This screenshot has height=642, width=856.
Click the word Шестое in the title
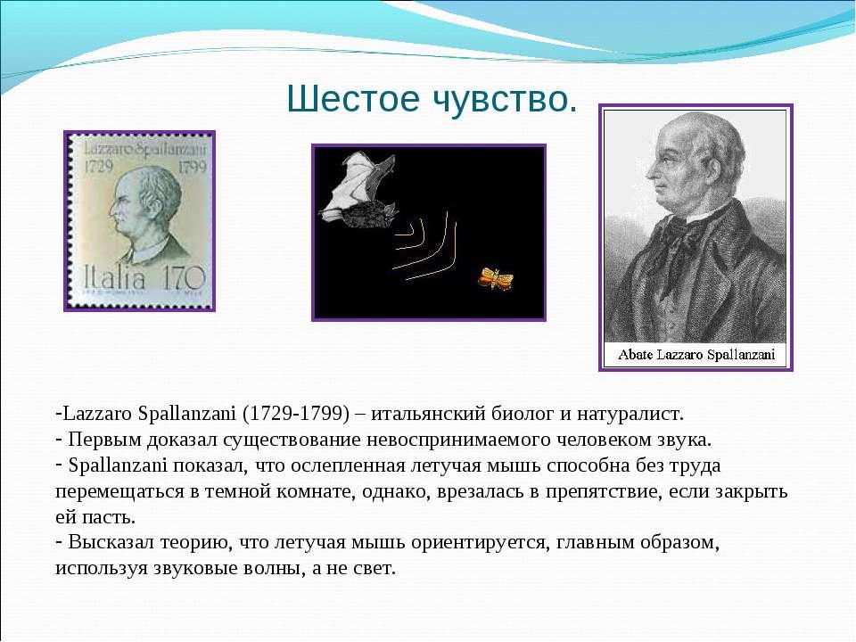[x=353, y=99]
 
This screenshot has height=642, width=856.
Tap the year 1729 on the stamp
[x=99, y=165]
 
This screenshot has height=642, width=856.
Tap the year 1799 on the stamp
[x=193, y=165]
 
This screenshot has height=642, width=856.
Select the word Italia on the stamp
[x=115, y=277]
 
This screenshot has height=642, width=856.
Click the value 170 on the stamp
[x=184, y=277]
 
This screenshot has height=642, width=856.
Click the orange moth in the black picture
[x=496, y=278]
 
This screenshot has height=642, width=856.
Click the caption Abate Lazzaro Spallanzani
[x=696, y=355]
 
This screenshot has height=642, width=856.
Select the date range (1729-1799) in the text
[x=296, y=413]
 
